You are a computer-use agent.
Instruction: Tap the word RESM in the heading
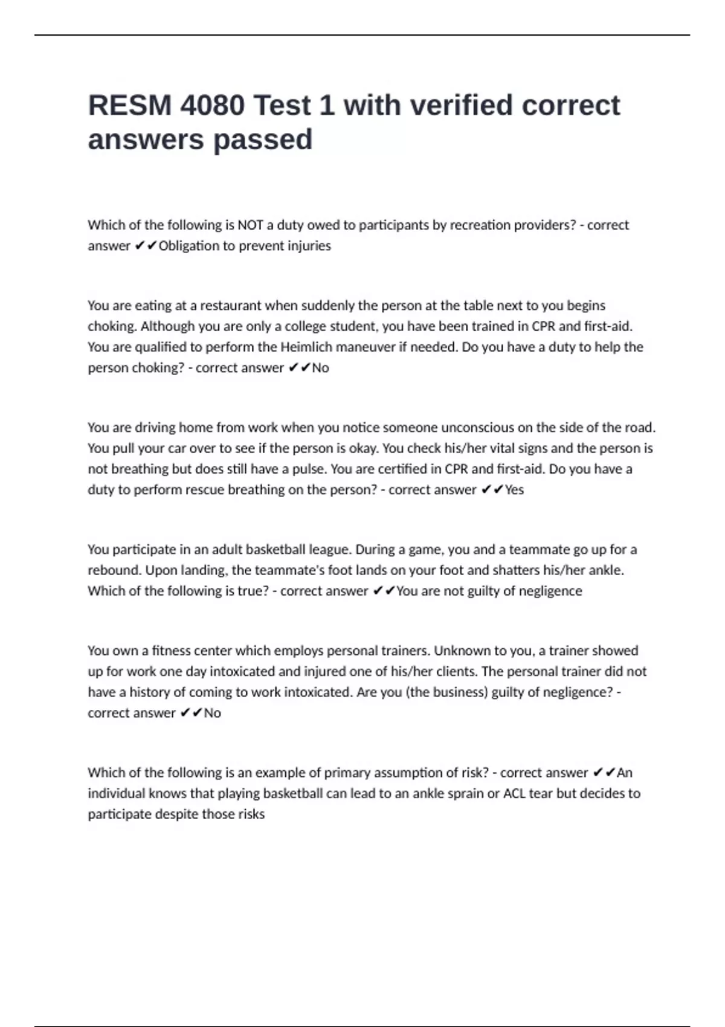pyautogui.click(x=129, y=106)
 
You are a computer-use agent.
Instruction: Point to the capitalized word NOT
pyautogui.click(x=250, y=225)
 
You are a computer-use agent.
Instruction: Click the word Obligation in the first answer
pyautogui.click(x=188, y=246)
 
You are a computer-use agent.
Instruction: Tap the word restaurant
pyautogui.click(x=230, y=306)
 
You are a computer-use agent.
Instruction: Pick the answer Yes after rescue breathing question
pyautogui.click(x=514, y=490)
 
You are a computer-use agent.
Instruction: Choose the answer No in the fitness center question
pyautogui.click(x=212, y=713)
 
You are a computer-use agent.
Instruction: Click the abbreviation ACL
pyautogui.click(x=514, y=793)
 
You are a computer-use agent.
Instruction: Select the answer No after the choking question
pyautogui.click(x=320, y=368)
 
